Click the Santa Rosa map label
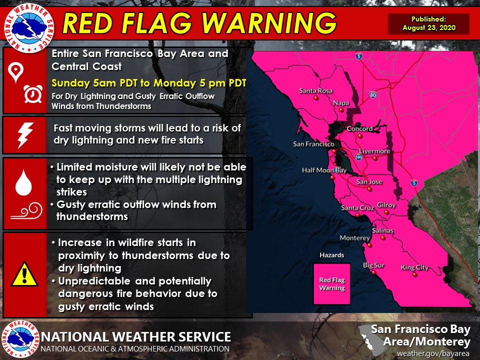315,91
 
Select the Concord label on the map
359,128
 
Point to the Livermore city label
374,151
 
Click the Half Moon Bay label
324,170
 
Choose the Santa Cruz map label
356,207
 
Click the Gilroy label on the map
386,205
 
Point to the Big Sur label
373,265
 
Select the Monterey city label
354,238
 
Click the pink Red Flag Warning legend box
332,283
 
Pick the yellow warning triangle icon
24,274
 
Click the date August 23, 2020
429,28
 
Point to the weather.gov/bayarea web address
433,353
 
